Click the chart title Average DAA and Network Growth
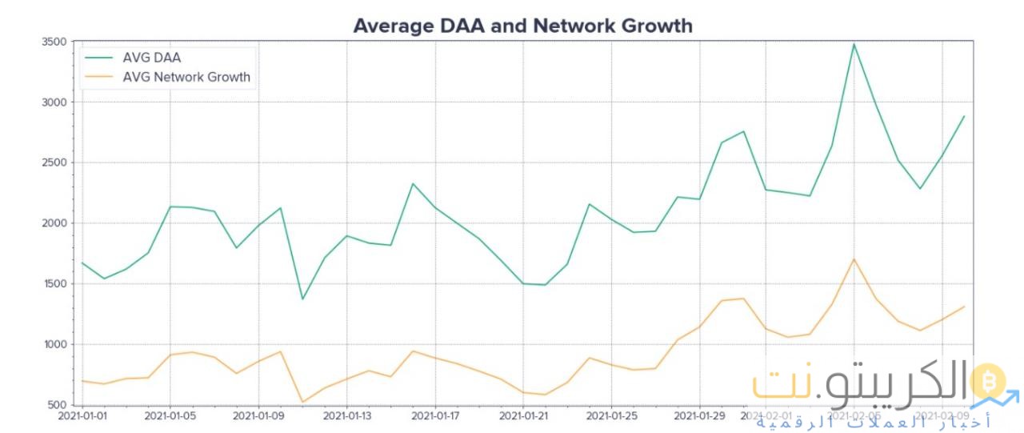point(522,26)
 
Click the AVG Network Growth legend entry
point(186,78)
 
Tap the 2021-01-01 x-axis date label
point(82,416)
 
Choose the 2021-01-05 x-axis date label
point(170,416)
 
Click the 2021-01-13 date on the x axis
point(346,416)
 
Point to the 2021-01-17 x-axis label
point(434,416)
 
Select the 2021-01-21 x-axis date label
point(523,416)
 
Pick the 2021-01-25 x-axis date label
point(611,416)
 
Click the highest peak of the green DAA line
point(854,44)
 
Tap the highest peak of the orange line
point(854,259)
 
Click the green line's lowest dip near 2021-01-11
point(302,299)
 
